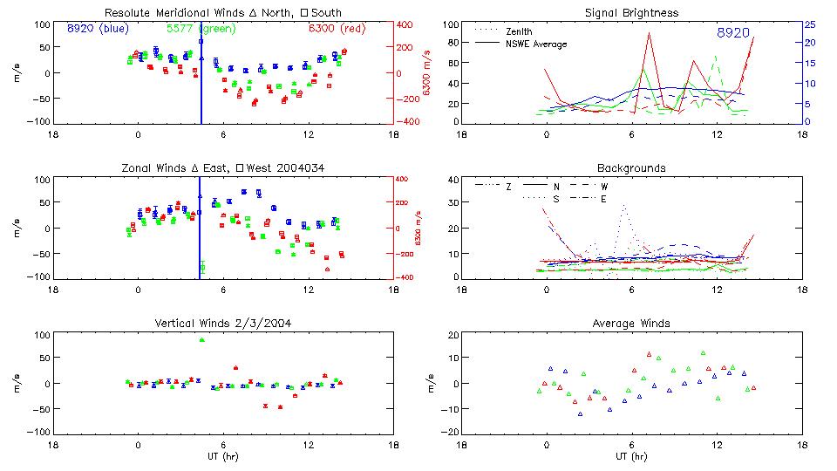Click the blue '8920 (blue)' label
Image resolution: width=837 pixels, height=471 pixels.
pos(98,29)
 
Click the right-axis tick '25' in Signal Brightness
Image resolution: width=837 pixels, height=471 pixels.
pos(809,24)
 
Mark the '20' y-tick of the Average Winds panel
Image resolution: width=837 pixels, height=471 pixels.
pos(453,335)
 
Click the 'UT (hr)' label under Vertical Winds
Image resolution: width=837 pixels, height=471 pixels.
pos(224,456)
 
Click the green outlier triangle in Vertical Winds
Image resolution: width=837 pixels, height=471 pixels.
pos(201,339)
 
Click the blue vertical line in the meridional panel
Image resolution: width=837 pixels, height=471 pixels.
pos(201,87)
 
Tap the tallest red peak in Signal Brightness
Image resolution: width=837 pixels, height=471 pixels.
pos(649,33)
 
